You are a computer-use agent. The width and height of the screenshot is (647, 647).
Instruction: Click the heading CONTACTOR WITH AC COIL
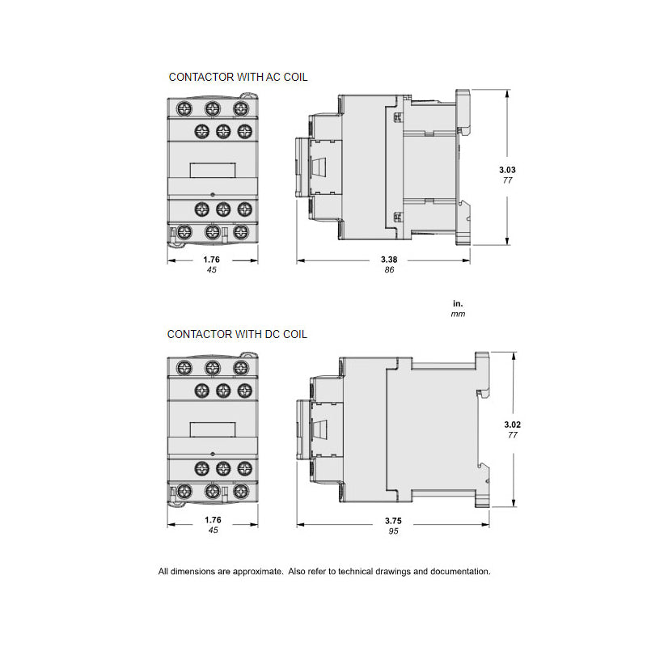tap(238, 78)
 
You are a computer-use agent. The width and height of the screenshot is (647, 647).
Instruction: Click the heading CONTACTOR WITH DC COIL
tap(237, 334)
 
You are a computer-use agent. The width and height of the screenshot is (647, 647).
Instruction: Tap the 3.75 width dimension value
tap(392, 521)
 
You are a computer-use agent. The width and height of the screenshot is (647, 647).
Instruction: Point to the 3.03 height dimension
tap(507, 170)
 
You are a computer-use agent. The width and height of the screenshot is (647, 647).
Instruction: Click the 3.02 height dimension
tap(512, 424)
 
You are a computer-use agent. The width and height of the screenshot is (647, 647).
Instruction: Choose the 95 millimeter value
tap(392, 531)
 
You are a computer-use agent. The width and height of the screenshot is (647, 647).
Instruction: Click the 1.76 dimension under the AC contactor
tap(212, 260)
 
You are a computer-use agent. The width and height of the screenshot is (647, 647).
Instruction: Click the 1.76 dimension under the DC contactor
tap(212, 521)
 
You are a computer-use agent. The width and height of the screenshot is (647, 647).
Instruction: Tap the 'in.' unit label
tap(459, 302)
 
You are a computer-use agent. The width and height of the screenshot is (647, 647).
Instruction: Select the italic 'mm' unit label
tap(459, 314)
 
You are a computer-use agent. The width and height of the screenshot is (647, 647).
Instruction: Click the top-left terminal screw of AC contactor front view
tap(184, 108)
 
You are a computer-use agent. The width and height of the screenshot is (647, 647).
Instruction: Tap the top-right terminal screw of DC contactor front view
tap(240, 368)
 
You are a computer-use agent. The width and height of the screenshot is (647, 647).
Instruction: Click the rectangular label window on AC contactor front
tap(212, 170)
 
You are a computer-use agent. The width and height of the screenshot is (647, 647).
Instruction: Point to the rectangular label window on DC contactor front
tap(212, 429)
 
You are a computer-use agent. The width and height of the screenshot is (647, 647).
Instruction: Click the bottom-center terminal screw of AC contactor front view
tap(213, 232)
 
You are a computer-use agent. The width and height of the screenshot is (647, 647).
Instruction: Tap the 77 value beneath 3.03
tap(507, 180)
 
